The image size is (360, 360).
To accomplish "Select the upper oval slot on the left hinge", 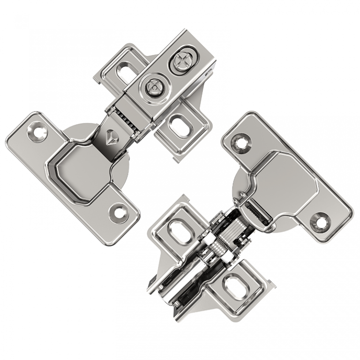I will [x=125, y=72].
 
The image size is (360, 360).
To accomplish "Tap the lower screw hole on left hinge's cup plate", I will [x=118, y=212].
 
